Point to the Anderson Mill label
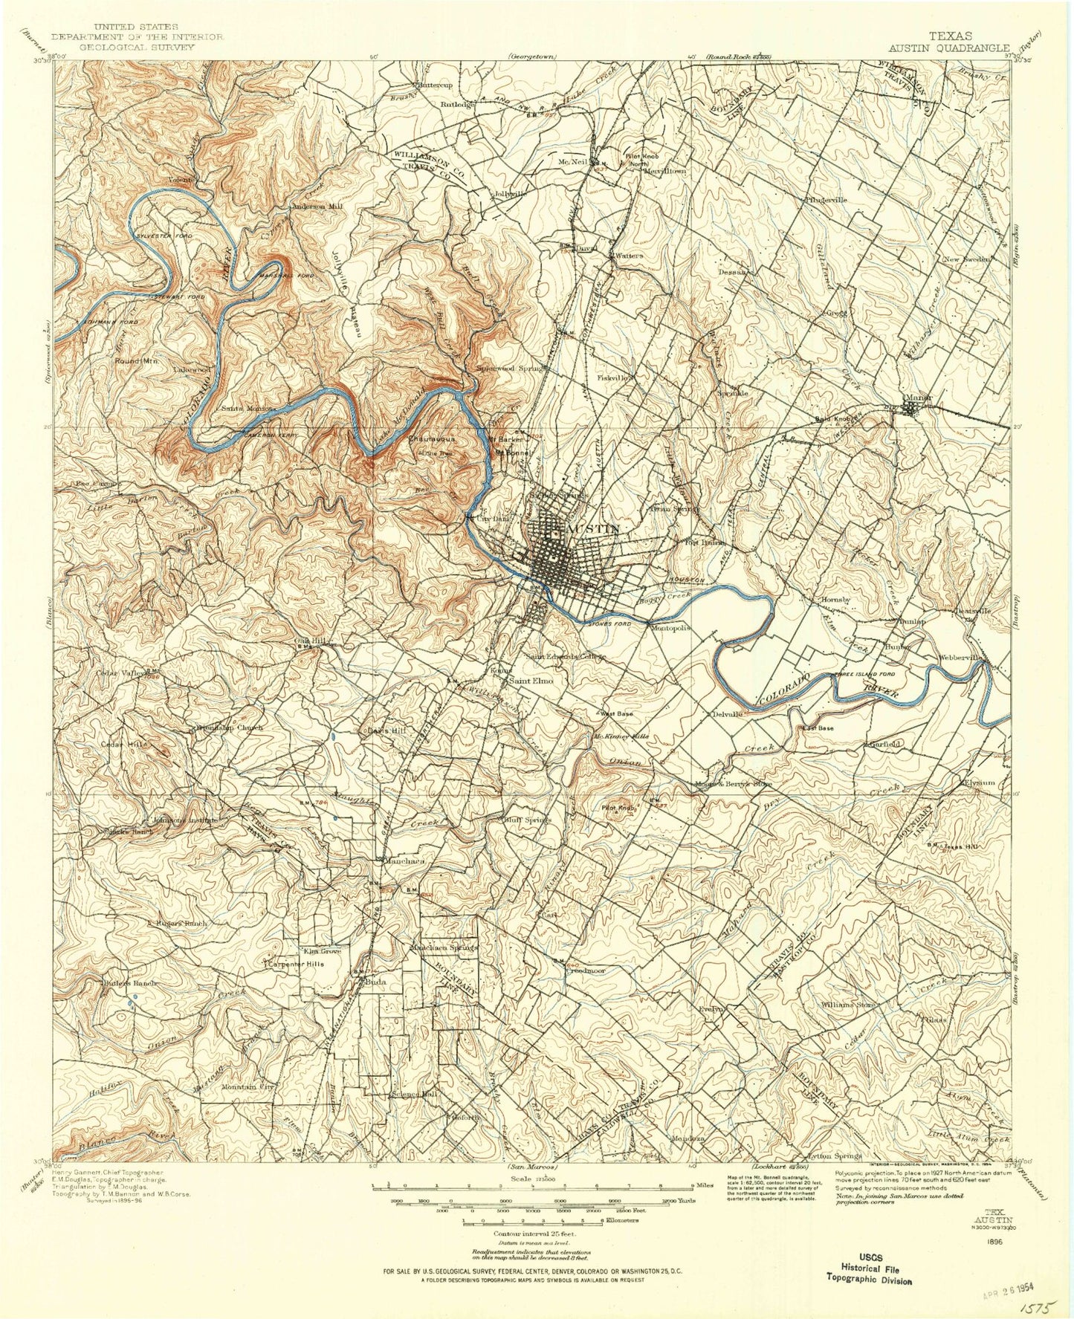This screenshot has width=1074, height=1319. (318, 207)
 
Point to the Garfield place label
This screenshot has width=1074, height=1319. (885, 743)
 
